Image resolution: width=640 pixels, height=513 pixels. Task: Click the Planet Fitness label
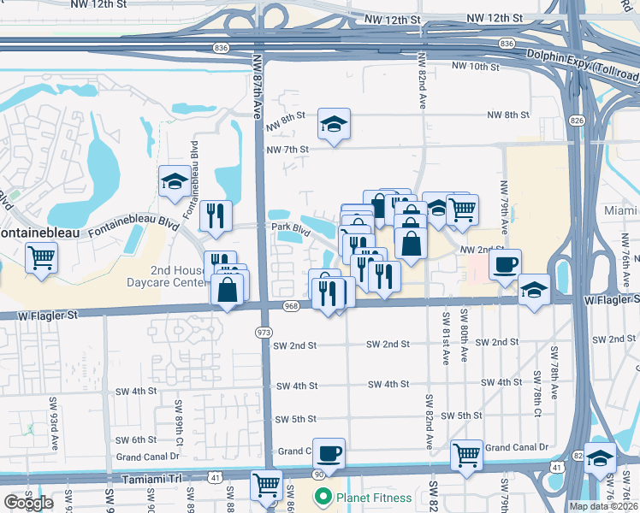click(373, 497)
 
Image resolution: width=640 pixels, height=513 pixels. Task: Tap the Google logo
click(28, 503)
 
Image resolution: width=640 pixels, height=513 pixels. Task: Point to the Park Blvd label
click(290, 228)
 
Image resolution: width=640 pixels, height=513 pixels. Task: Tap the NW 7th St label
click(286, 150)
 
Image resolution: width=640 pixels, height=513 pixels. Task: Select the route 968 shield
click(292, 305)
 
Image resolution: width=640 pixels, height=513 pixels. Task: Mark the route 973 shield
click(264, 330)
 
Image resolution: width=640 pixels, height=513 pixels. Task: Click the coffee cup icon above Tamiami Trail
click(328, 452)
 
